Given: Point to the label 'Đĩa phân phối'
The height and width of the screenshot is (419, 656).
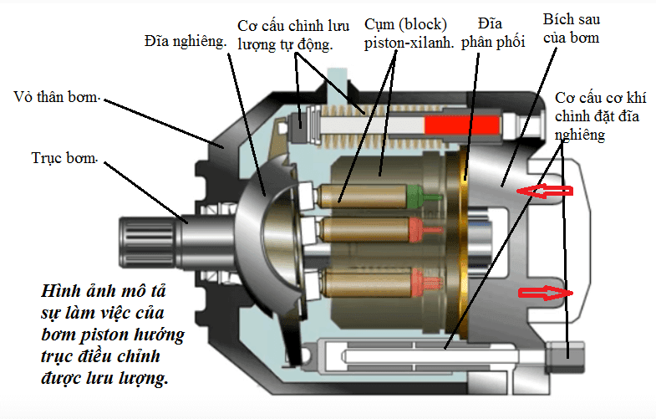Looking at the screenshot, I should point(497,33).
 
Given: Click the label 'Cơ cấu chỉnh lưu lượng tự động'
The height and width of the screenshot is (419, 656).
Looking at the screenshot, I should point(286,34).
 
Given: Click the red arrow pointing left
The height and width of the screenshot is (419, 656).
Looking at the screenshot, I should point(544,192).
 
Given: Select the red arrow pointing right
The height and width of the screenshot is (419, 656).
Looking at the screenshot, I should point(546,293).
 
